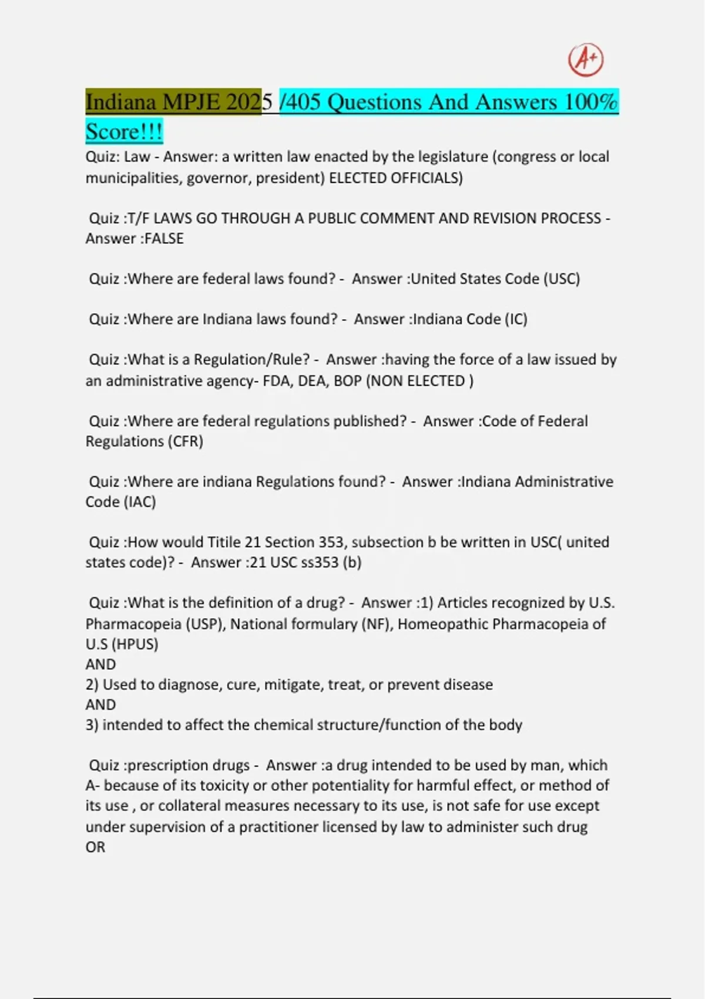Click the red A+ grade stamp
point(586,60)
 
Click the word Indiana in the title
point(120,102)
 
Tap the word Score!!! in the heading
point(124,131)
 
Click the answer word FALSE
point(164,239)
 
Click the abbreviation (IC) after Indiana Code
point(515,319)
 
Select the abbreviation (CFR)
point(186,441)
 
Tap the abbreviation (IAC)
point(139,502)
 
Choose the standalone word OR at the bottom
point(95,847)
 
